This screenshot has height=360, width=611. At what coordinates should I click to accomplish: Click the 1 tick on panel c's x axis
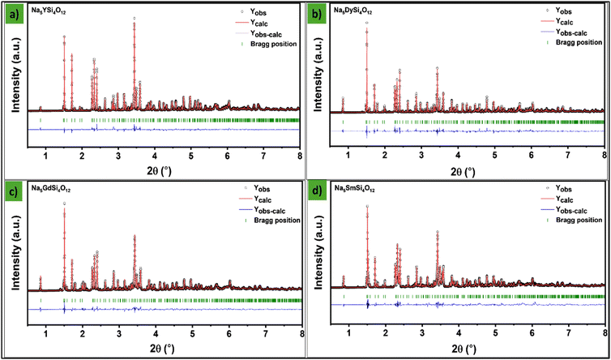pos(46,334)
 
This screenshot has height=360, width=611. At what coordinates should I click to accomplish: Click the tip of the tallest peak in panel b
pos(366,23)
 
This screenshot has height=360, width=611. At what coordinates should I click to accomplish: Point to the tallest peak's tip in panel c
pos(64,204)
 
